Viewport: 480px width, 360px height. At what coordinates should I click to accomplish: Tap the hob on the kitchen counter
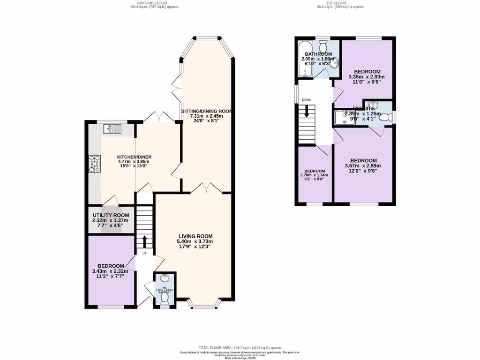point(93,164)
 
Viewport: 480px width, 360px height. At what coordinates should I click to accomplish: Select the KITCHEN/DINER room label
point(134,157)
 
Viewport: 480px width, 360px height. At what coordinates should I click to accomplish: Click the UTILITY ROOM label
point(111,215)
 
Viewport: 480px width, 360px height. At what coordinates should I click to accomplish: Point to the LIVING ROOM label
point(195,236)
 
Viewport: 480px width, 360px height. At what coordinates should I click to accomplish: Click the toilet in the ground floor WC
point(165,300)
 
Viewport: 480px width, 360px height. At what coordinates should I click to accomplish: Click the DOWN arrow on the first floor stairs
point(307,112)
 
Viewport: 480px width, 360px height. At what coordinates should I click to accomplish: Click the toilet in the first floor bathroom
point(323,46)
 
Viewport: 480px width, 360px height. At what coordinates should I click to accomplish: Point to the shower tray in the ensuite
point(344,118)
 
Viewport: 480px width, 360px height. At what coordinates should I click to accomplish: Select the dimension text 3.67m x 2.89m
point(363,165)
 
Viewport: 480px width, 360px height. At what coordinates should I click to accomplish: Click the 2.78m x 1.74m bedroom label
point(314,171)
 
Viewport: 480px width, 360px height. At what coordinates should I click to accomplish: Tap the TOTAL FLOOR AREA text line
point(240,347)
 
